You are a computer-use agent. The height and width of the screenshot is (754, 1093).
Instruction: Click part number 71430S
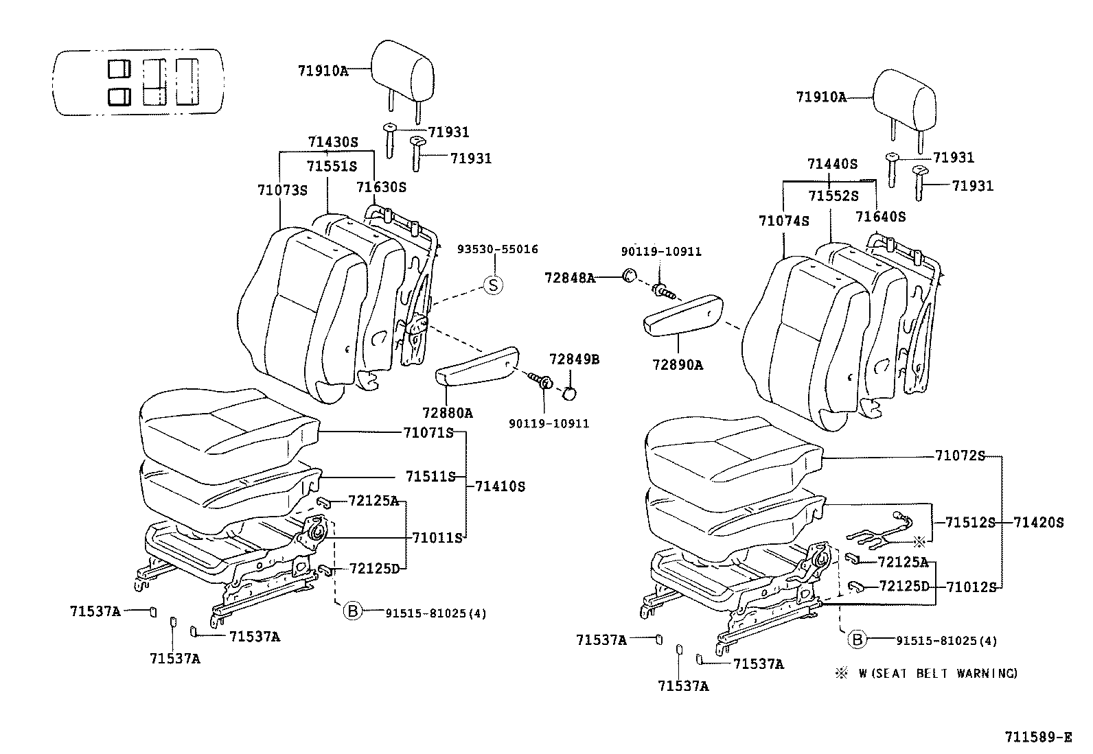point(333,142)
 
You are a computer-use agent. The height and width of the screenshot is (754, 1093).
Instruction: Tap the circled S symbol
point(494,285)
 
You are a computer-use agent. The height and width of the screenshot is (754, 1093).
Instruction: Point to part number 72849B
point(574,359)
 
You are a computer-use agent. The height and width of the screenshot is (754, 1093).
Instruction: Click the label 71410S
point(500,486)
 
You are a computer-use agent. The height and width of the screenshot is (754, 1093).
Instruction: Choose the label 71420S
point(1038,523)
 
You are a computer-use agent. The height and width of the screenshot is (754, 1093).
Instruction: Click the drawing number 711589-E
point(1037,737)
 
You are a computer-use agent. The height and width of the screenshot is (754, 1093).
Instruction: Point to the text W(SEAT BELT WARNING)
point(938,674)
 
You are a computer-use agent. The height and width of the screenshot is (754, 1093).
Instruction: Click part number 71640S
point(880,217)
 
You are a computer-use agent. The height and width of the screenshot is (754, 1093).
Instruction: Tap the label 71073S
point(283,189)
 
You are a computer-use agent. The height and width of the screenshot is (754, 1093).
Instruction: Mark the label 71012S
point(971,587)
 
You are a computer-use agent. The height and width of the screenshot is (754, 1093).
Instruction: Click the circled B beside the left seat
point(352,610)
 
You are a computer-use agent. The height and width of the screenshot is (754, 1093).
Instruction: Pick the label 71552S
point(833,196)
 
